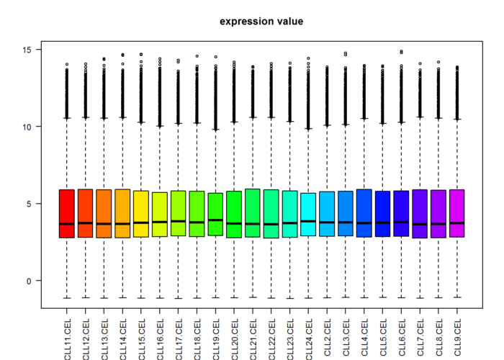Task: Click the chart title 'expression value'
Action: [261, 22]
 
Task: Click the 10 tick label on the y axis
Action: [29, 127]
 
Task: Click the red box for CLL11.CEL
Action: [67, 213]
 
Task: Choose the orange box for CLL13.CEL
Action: [104, 213]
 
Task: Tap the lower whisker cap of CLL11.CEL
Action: [67, 297]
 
